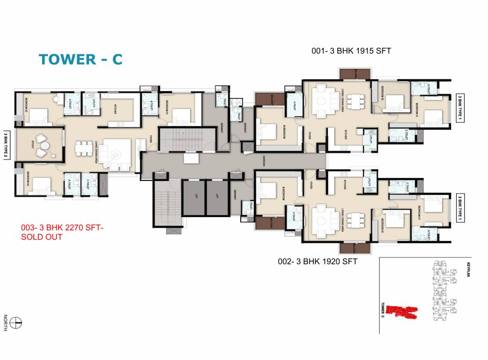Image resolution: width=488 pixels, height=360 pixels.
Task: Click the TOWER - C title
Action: pyautogui.click(x=80, y=60)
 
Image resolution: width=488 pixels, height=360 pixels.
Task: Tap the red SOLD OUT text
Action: pyautogui.click(x=42, y=237)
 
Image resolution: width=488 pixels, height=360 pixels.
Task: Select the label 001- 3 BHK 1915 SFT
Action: pyautogui.click(x=351, y=51)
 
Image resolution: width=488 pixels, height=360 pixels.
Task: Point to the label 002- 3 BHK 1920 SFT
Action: pyautogui.click(x=317, y=262)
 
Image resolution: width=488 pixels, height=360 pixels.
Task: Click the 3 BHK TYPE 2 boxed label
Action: pyautogui.click(x=7, y=145)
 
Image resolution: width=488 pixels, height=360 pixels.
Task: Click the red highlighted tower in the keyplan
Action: pyautogui.click(x=403, y=311)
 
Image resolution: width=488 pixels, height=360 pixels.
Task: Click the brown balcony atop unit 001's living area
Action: pyautogui.click(x=355, y=74)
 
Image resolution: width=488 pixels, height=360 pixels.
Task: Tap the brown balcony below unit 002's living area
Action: pyautogui.click(x=355, y=248)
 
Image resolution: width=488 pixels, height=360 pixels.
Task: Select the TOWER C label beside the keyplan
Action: pyautogui.click(x=383, y=310)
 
